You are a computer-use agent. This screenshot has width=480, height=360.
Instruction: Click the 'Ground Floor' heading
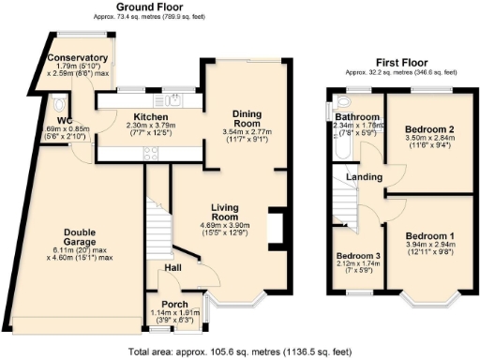point(151,7)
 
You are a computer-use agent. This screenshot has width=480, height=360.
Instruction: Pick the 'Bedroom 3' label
point(358,256)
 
